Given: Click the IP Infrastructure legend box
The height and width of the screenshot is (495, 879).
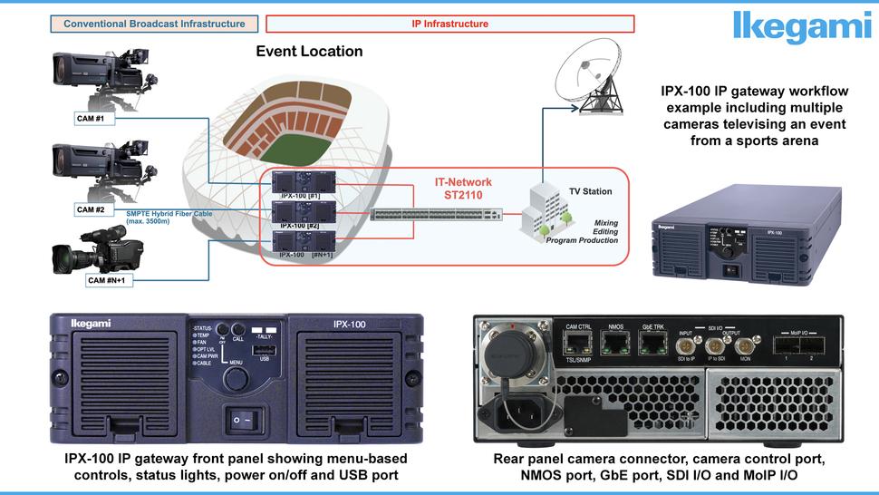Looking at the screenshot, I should click(450, 24).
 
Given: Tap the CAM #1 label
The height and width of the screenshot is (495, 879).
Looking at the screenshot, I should click(95, 119).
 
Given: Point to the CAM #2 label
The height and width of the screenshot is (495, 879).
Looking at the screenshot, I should click(95, 209).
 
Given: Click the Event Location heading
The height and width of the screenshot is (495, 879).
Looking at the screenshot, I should click(309, 52).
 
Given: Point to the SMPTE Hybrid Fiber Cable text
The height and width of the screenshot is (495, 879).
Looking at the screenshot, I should click(163, 214).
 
